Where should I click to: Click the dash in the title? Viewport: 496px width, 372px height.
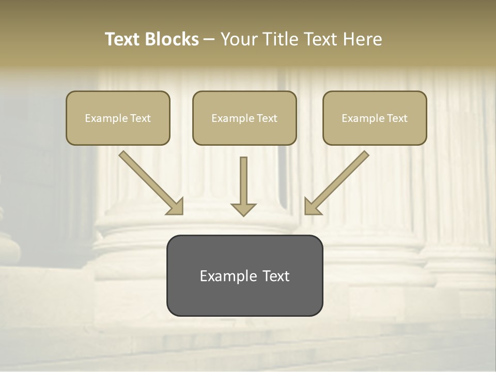[209, 39]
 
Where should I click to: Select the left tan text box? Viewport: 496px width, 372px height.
[118, 118]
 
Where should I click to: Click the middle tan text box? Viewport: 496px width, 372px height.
[244, 118]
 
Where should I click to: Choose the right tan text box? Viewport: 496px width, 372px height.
[375, 118]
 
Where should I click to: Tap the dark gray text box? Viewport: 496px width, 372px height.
[244, 275]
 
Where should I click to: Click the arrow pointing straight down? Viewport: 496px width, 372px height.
[243, 183]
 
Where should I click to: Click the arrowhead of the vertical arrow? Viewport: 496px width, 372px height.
[243, 209]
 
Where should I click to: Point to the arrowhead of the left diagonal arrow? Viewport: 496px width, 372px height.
[176, 207]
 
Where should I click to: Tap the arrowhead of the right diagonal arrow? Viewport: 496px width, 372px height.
[312, 207]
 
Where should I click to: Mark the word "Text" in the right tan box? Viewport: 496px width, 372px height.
[397, 118]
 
